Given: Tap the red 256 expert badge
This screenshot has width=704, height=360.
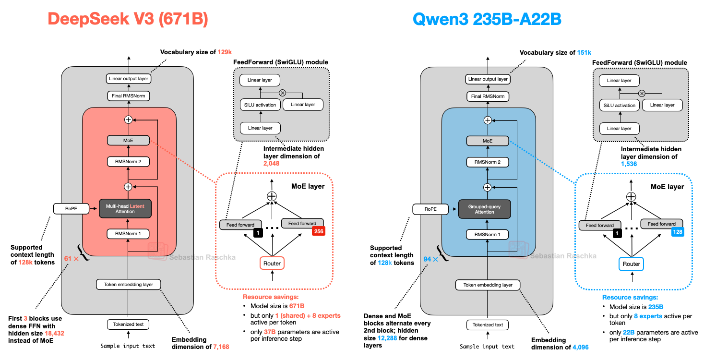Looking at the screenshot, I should pos(319,231).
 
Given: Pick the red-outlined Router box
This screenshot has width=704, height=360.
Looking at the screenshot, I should pos(273,263).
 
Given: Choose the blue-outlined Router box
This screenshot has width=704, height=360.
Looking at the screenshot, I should pos(631,264).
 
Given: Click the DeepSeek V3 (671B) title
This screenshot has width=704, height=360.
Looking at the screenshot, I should pos(127,19).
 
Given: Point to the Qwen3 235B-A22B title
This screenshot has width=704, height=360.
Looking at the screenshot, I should pos(487,19).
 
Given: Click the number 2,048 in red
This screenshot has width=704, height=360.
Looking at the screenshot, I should pos(271,164).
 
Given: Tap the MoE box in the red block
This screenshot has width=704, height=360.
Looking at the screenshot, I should pos(128,141).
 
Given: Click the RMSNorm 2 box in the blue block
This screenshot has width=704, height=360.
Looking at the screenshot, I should pos(487,162).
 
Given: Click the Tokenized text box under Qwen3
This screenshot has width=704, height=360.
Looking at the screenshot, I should pos(487,325).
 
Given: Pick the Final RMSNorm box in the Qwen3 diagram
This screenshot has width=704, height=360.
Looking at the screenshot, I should pos(487,96).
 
